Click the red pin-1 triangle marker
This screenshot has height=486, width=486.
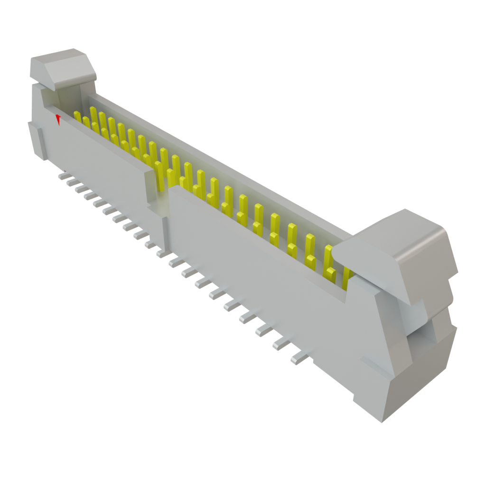tap(58, 119)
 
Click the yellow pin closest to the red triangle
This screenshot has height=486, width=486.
tap(77, 116)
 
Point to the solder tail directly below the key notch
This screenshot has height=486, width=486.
tap(161, 253)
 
